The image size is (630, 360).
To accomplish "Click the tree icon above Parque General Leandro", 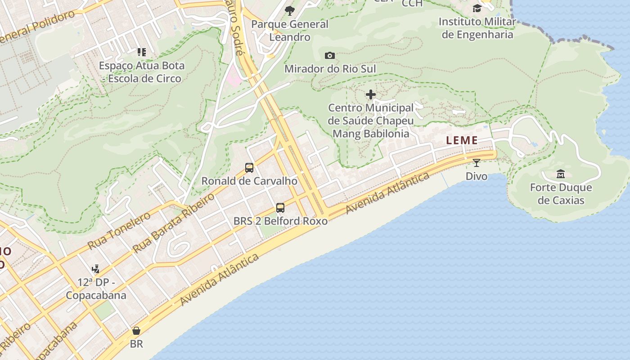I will (290, 10).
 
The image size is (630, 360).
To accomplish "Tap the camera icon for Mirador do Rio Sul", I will (330, 55).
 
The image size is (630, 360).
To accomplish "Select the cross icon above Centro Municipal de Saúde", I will (371, 94).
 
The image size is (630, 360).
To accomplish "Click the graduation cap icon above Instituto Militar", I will (477, 8).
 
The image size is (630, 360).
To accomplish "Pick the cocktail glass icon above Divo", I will (477, 162).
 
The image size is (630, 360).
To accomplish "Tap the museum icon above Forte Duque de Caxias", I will (561, 174).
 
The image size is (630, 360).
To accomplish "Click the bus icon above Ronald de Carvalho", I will (249, 168).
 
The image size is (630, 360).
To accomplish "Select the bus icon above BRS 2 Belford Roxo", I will (280, 208).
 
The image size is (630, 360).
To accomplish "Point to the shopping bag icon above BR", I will (136, 331).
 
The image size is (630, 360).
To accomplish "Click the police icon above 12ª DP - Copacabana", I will (95, 269).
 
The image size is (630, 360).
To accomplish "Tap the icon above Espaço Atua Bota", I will (142, 52).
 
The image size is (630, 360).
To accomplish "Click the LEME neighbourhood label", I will (462, 140).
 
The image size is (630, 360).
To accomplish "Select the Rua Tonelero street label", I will (119, 231).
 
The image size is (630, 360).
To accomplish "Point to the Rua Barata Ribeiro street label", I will (174, 223).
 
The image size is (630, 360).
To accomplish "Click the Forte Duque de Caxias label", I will (561, 194).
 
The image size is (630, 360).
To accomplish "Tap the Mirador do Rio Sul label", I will (330, 69).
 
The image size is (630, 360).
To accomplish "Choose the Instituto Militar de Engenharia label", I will (477, 28).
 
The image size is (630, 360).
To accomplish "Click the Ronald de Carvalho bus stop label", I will (249, 181).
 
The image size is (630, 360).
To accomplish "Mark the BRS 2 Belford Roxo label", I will (280, 221).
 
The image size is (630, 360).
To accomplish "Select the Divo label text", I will (477, 176).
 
